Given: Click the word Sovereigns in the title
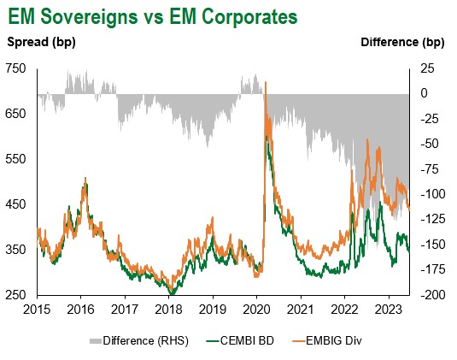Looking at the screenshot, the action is click(89, 17).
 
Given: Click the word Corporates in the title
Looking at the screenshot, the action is click(249, 16).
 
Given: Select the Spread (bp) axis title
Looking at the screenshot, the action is click(41, 42).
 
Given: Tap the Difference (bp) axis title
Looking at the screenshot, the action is click(402, 43).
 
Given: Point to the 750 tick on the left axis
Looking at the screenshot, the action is click(15, 69).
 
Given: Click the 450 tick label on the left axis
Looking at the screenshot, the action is click(15, 204).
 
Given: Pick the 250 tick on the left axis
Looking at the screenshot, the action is click(15, 295).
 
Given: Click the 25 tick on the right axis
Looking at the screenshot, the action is click(427, 69).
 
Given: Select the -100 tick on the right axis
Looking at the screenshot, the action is click(433, 194).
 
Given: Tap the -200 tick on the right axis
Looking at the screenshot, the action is click(433, 295).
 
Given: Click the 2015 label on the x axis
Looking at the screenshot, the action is click(37, 310).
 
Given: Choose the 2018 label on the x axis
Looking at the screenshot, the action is click(168, 310).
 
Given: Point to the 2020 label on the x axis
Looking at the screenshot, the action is click(256, 310).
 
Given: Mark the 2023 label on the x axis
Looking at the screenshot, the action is click(388, 310).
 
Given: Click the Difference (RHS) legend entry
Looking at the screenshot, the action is click(139, 340).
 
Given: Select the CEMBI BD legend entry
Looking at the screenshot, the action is click(240, 340).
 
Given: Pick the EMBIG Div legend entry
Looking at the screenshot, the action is click(327, 340).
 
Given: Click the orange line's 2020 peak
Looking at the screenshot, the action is click(265, 82).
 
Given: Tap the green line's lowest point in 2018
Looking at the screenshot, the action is click(172, 293).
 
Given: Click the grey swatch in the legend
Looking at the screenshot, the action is click(96, 341).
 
